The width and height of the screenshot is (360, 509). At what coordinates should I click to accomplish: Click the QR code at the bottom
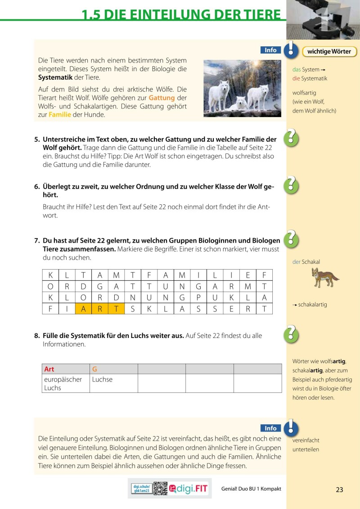(x=160, y=489)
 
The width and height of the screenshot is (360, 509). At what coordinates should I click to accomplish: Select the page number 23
(x=339, y=490)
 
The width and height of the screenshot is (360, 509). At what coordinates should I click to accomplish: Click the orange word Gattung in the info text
(x=162, y=98)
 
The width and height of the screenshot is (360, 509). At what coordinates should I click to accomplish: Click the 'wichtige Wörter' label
(x=329, y=51)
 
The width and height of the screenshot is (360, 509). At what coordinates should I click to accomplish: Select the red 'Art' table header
(x=49, y=369)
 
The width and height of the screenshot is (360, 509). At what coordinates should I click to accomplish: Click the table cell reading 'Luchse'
(x=102, y=379)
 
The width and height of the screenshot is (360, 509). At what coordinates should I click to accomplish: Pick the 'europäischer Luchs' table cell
(x=63, y=383)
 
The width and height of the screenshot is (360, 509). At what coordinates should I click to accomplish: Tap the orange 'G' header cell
(x=95, y=369)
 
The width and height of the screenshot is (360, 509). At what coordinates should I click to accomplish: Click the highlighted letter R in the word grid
(x=99, y=309)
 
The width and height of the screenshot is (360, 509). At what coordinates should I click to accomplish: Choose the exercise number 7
(x=37, y=241)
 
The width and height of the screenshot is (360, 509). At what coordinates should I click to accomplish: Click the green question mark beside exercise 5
(x=291, y=137)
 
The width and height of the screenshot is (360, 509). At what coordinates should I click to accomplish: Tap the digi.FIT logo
(x=189, y=489)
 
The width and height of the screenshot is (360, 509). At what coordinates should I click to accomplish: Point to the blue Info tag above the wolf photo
(x=270, y=50)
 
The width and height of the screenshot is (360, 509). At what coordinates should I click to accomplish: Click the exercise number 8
(x=37, y=336)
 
